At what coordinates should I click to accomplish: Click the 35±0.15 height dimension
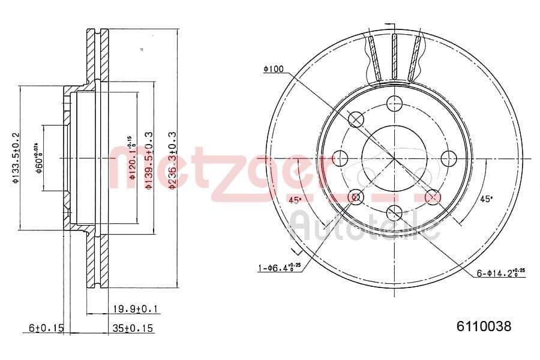pos(133,328)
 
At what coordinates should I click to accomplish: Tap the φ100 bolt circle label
pos(273,70)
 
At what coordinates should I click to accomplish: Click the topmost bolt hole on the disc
pos(394,103)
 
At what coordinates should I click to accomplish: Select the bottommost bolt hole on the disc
pos(394,211)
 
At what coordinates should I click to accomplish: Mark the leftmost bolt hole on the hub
pos(341,158)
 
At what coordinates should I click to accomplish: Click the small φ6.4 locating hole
pos(356,196)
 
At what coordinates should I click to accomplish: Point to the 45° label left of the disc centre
pos(295,200)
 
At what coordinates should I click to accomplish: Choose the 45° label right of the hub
pos(486,199)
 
